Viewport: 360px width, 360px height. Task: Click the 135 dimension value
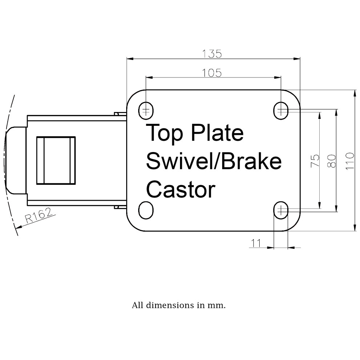[212, 54]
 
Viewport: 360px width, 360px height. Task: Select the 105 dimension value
[212, 73]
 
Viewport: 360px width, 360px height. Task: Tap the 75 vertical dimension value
[315, 161]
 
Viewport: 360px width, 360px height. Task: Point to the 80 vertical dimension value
[332, 161]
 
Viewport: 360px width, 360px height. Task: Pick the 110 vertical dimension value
[350, 161]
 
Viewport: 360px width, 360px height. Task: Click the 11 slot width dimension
[256, 243]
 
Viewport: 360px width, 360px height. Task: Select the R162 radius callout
[38, 215]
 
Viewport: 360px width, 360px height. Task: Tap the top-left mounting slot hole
[146, 111]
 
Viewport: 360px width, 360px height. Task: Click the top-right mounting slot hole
[281, 111]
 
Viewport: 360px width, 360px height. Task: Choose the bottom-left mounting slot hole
[146, 210]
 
